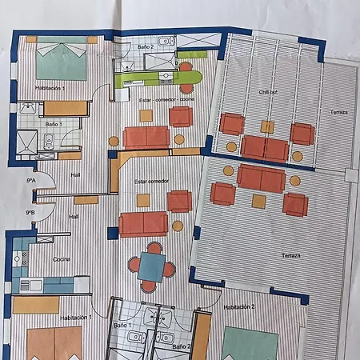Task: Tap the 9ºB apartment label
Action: pos(30,213)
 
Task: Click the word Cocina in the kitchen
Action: pos(62,260)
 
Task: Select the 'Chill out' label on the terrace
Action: pos(268,93)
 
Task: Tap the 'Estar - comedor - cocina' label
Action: pos(167,100)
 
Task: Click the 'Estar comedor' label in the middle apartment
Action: pos(151,182)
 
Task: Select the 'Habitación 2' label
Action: pos(239,307)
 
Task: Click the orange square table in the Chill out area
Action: pos(267,127)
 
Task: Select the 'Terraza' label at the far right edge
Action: pos(338,113)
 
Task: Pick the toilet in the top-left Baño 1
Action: pos(49,142)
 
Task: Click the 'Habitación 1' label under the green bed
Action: pos(50,88)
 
